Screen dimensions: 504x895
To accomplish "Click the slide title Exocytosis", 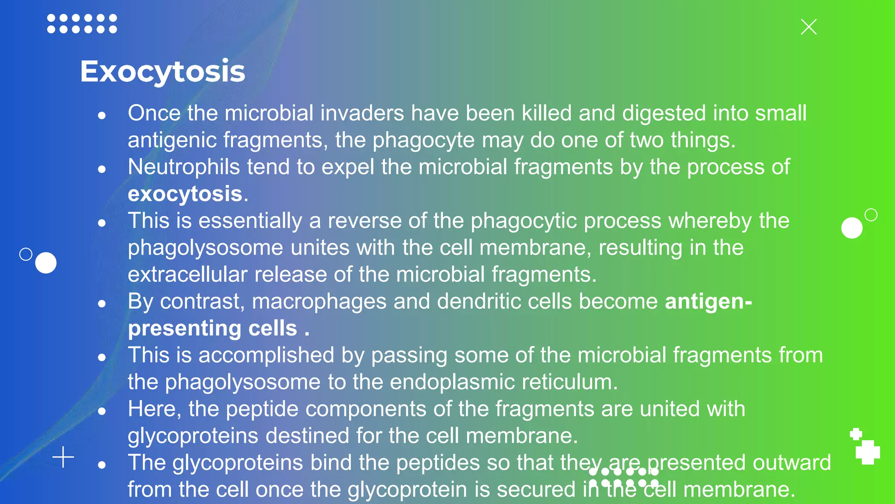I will coord(163,71).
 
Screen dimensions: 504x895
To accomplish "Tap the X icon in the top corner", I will coord(808,27).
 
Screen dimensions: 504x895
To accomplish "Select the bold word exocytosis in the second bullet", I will coord(185,194).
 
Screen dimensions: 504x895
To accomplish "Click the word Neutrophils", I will coord(184,167).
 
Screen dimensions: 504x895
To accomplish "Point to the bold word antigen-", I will coord(708,301).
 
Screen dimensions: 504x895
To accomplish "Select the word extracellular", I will coord(187,275).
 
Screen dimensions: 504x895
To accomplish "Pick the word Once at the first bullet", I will coord(154,113).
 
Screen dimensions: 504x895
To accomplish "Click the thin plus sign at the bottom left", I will coord(63,457).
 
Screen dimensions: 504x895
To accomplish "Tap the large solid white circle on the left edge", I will coord(46,263).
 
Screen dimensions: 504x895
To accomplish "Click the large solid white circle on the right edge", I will coord(852,228).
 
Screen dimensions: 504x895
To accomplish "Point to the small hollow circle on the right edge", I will coord(871,215).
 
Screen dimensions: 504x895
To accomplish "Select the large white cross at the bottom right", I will coord(867,452).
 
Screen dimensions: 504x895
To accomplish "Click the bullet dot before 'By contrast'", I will coord(102,303).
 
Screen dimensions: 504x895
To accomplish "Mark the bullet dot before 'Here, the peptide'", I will coord(102,411).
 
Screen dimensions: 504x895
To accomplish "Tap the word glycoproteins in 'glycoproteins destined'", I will coord(193,436).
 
